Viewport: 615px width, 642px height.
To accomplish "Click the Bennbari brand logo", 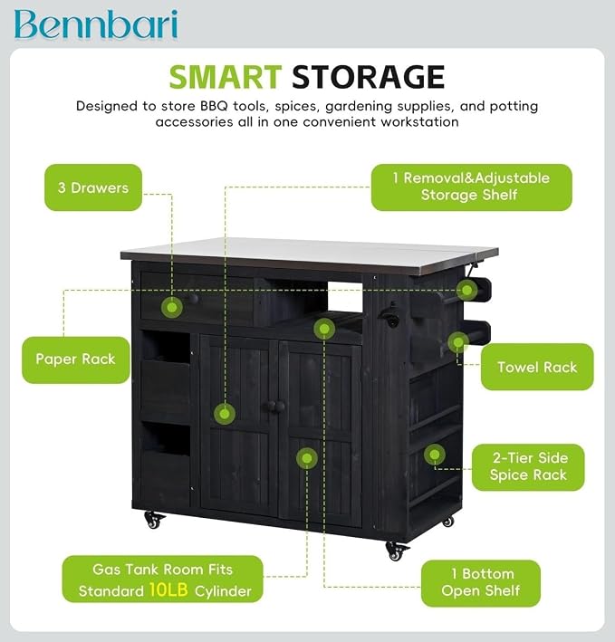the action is (x=96, y=24).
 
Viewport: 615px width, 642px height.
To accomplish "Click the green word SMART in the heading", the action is (x=226, y=77).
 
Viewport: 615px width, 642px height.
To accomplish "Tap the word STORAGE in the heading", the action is (x=368, y=77).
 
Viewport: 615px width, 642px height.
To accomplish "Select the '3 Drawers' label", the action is (x=93, y=187).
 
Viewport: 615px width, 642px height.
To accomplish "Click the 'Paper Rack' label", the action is (x=76, y=359).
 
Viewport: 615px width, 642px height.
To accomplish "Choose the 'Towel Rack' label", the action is (x=537, y=367).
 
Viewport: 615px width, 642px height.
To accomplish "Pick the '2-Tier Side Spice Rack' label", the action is (x=528, y=466).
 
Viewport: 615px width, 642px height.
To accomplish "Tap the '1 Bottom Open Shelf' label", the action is (x=481, y=582).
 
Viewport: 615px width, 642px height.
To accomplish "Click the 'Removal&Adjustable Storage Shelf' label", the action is (x=472, y=187).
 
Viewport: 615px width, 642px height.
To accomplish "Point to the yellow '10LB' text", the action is (x=168, y=590).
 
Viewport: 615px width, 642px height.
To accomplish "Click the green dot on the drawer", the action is (x=172, y=307).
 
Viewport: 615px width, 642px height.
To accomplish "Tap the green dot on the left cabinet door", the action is (x=225, y=414).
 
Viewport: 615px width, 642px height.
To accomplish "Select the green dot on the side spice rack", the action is (x=435, y=455).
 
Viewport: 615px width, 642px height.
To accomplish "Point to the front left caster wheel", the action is (x=154, y=520).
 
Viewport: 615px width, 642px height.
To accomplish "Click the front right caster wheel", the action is (x=397, y=551).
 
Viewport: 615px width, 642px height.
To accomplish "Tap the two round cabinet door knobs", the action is (x=274, y=407).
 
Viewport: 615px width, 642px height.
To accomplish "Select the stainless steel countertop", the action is (x=309, y=254).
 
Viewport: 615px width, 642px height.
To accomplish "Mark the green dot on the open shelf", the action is (x=324, y=329).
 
